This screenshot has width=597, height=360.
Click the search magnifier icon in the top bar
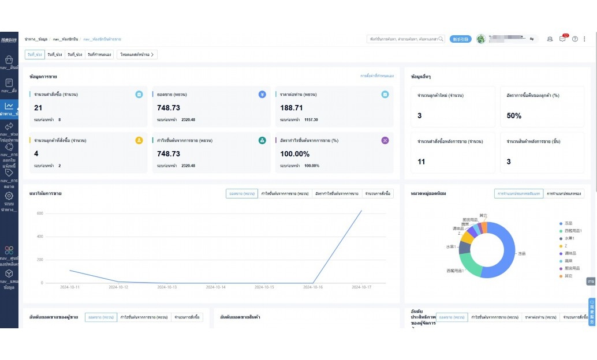coord(441,39)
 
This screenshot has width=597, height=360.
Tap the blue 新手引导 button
coord(460,39)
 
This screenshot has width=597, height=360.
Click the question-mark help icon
coord(574,39)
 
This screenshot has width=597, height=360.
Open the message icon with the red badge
coord(562,39)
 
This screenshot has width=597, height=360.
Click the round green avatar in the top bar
coord(481,39)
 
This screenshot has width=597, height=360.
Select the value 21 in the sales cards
coord(38,108)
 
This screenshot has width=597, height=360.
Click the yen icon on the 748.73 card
coord(262,95)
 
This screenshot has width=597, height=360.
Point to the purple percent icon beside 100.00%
coord(385,140)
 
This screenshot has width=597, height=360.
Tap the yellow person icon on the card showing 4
coord(139,140)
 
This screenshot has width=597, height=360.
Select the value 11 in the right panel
coord(421,162)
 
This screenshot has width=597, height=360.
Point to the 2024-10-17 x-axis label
coord(361,287)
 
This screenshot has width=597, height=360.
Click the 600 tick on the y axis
coord(40,213)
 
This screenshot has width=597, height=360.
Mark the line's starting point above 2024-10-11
coord(69,270)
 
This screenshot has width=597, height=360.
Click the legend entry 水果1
coord(569,238)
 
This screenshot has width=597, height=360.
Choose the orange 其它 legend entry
coord(568,276)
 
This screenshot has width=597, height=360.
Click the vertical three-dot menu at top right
coord(585,39)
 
